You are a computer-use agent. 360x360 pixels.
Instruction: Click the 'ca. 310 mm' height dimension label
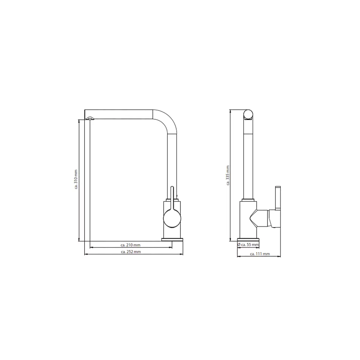76,179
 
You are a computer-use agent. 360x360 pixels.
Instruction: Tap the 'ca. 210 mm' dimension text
130,245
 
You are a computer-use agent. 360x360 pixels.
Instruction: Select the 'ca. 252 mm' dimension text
131,252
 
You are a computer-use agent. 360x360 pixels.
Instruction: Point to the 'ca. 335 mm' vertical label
228,175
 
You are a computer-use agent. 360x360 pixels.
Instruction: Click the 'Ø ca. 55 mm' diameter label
248,244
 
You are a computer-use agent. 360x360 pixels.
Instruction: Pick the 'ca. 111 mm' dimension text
260,254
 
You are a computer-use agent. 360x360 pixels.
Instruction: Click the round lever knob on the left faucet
172,218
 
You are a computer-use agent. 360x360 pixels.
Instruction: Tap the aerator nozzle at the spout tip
90,118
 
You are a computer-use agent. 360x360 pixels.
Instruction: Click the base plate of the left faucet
172,239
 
